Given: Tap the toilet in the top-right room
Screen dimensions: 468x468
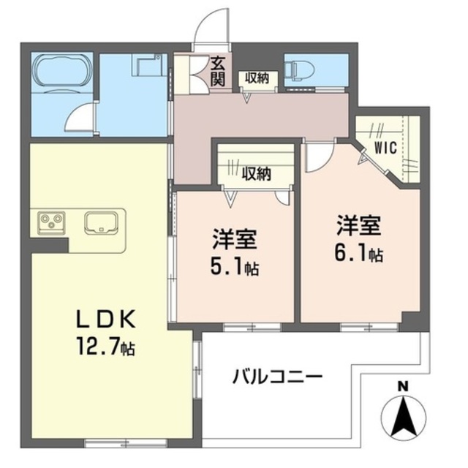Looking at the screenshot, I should (x=300, y=69).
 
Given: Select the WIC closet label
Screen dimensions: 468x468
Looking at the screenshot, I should (x=385, y=148).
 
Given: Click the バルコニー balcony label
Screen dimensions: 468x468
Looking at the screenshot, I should (x=278, y=377).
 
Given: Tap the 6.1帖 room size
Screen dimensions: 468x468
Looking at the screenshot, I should (x=360, y=254).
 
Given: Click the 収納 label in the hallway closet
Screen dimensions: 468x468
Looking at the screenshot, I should (x=257, y=77).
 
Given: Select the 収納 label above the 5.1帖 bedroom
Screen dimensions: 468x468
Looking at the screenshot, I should (x=257, y=173).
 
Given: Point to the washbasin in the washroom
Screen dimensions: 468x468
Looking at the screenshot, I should (x=146, y=67).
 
